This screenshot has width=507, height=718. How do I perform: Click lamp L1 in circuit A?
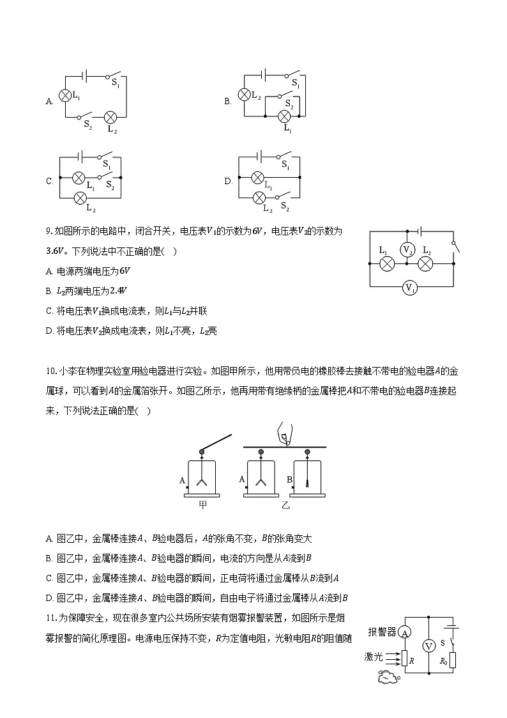64,95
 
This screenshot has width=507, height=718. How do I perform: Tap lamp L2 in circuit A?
110,117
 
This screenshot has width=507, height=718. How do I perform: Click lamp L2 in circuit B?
244,95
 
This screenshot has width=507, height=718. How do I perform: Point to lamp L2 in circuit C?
81,198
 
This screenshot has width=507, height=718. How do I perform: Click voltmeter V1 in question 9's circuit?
409,288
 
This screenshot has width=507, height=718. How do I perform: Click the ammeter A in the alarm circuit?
404,632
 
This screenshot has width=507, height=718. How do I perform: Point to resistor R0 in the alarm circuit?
452,660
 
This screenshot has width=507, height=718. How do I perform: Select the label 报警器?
382,632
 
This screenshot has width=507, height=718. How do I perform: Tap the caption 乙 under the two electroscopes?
285,504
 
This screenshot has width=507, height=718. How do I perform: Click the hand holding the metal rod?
282,434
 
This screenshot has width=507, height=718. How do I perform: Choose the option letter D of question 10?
49,598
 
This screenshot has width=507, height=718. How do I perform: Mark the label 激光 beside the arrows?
374,656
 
